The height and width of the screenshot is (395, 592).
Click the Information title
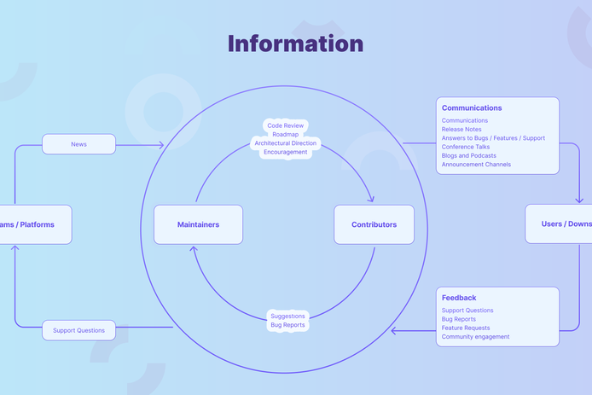tap(295, 44)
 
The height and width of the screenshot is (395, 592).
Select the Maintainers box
tap(198, 224)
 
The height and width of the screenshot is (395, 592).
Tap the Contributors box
tap(374, 224)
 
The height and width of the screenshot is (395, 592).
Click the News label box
tap(78, 144)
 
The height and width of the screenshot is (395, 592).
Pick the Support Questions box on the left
tap(78, 330)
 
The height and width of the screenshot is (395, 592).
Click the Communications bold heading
tap(472, 108)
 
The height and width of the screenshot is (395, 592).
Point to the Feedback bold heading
tap(459, 298)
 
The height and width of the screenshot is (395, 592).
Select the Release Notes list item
tap(461, 130)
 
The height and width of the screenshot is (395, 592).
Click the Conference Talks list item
tap(466, 147)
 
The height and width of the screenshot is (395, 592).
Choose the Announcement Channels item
tap(476, 165)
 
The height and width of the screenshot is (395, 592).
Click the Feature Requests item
tap(466, 328)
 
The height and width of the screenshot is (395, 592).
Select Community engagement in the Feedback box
tap(475, 337)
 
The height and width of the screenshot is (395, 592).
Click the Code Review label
tap(286, 125)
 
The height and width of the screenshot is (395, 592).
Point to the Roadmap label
tap(286, 134)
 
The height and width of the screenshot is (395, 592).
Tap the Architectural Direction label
tap(286, 143)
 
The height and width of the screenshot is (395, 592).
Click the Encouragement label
tap(286, 152)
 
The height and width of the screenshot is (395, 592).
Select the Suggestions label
tap(287, 316)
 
